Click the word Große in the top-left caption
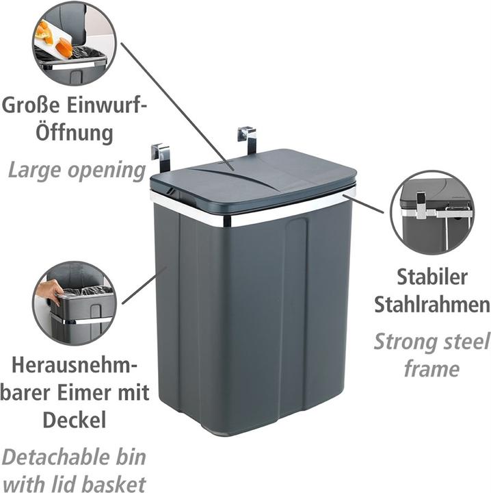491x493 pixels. point(31,105)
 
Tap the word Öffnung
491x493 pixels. point(75,133)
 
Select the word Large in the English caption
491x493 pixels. point(34,170)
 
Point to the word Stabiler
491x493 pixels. point(432,277)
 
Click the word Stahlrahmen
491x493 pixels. point(432,305)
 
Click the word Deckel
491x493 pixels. point(75,420)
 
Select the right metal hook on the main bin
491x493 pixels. point(248,138)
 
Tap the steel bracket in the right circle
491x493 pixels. point(436,211)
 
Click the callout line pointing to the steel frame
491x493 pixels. point(363,204)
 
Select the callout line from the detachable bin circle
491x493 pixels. point(144,285)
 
